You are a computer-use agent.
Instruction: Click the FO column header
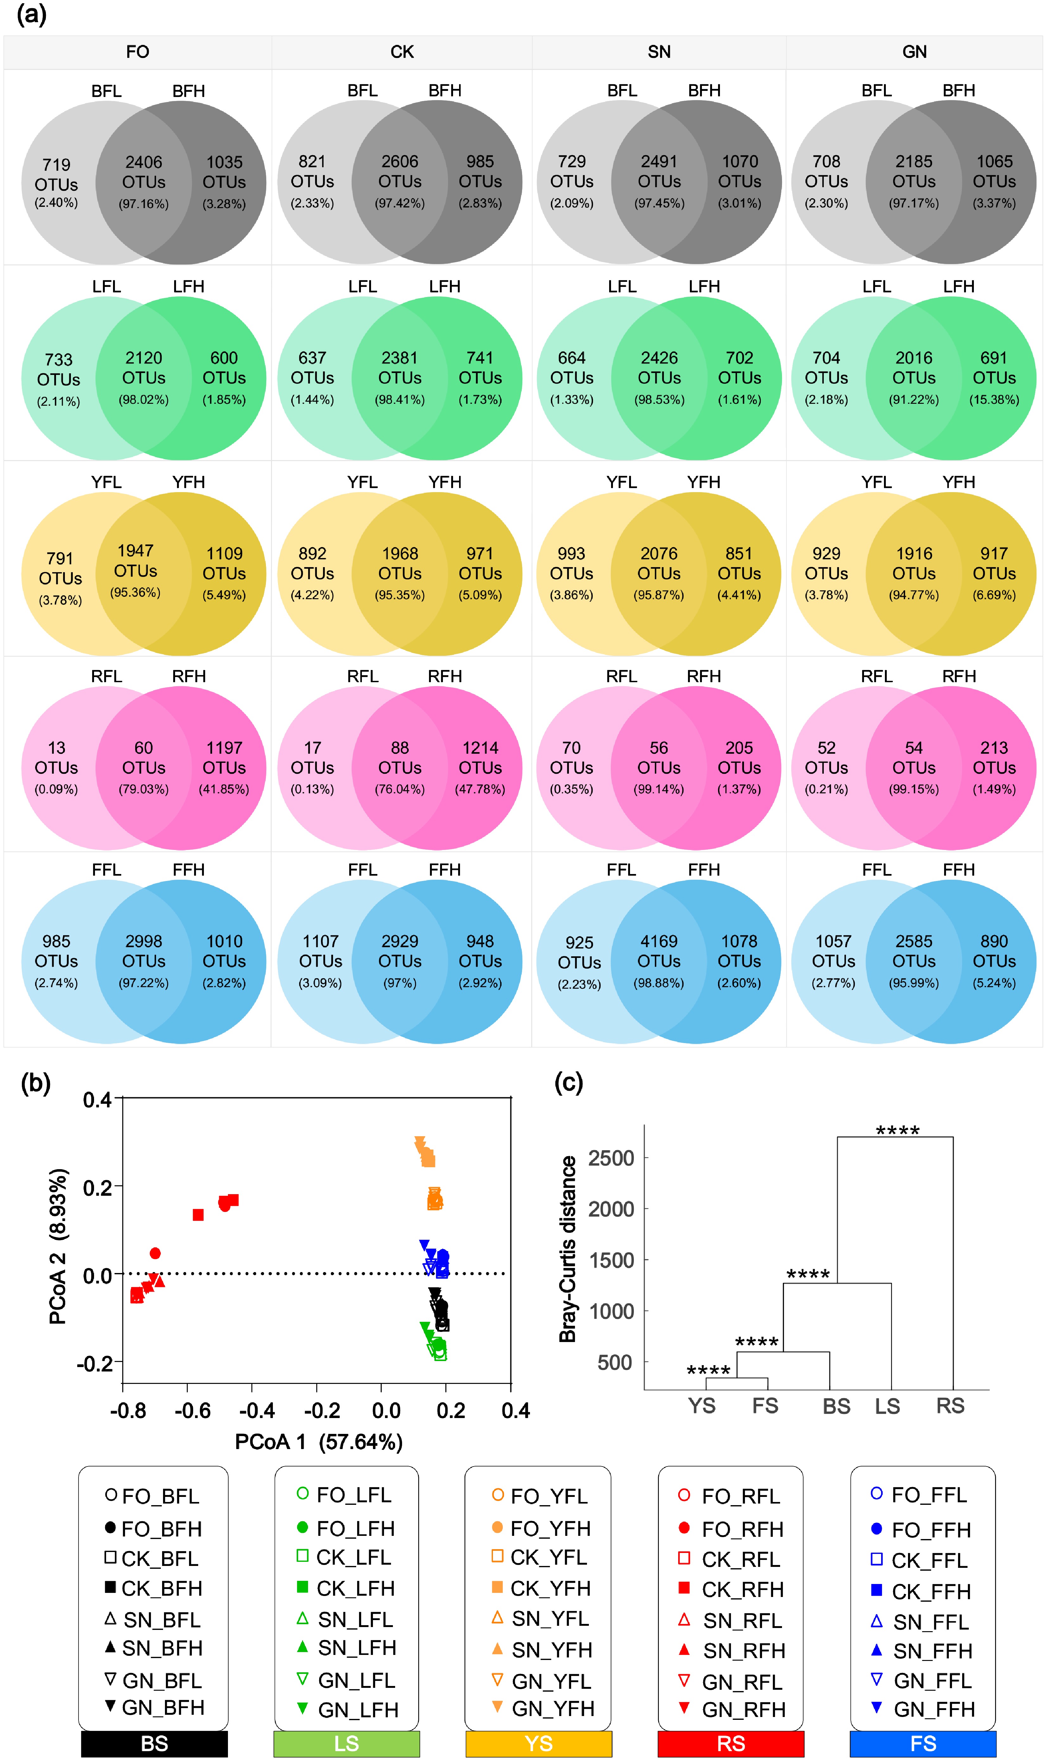point(138,52)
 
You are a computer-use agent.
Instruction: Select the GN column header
point(914,52)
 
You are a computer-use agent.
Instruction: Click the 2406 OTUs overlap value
point(144,172)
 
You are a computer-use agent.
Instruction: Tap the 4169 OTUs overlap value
point(659,951)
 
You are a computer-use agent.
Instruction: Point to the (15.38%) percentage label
point(994,400)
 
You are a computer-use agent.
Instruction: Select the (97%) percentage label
point(400,983)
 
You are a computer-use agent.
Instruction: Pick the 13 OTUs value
point(56,758)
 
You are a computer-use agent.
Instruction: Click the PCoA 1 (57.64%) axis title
point(319,1441)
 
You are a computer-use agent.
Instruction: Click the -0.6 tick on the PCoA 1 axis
point(192,1410)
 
